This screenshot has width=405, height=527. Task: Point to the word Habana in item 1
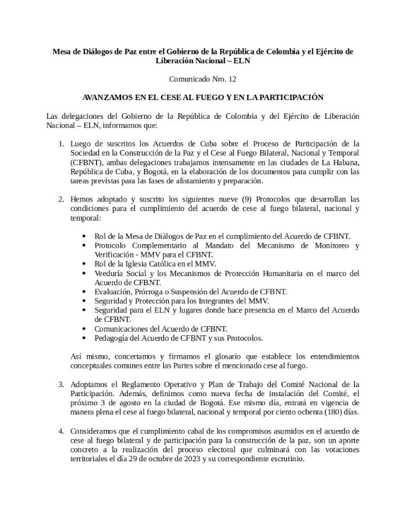coord(346,163)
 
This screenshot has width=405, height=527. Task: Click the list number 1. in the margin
coord(61,144)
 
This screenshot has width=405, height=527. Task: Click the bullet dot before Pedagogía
coord(83,338)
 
